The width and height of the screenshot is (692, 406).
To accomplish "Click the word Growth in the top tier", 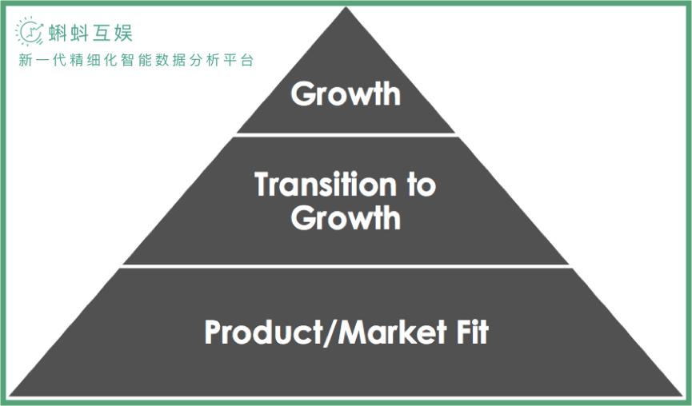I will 346,94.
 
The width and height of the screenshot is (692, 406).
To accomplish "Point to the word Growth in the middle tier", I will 346,217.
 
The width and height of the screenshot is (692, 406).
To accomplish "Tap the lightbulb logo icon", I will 30,32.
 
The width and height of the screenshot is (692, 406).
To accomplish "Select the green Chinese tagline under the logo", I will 136,61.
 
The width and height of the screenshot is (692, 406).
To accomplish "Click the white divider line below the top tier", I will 346,134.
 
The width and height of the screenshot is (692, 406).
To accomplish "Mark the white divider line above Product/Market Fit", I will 346,266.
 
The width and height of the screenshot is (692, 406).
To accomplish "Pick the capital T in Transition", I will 264,185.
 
